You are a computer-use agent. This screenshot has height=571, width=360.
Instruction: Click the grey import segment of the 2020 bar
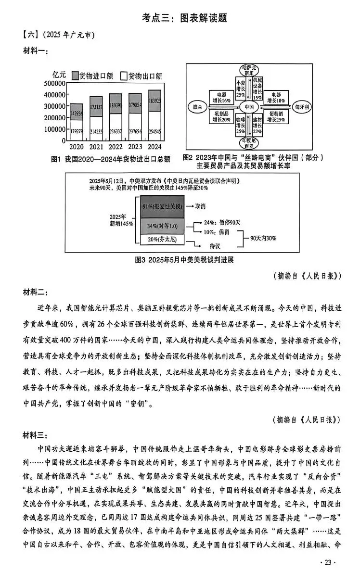(77, 113)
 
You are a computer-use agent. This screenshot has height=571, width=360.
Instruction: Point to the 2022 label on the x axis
(116, 146)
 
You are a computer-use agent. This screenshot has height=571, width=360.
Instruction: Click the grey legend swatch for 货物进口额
(76, 75)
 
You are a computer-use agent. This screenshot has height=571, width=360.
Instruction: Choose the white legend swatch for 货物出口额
(123, 75)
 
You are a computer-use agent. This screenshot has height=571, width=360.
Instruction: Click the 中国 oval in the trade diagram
(249, 106)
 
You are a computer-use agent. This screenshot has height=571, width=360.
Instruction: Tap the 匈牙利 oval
(301, 106)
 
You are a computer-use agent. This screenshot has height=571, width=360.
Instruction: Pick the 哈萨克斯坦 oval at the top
(249, 70)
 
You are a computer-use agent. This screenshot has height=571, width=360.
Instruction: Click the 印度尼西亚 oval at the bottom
(249, 142)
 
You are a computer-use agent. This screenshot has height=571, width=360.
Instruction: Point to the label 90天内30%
(263, 239)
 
